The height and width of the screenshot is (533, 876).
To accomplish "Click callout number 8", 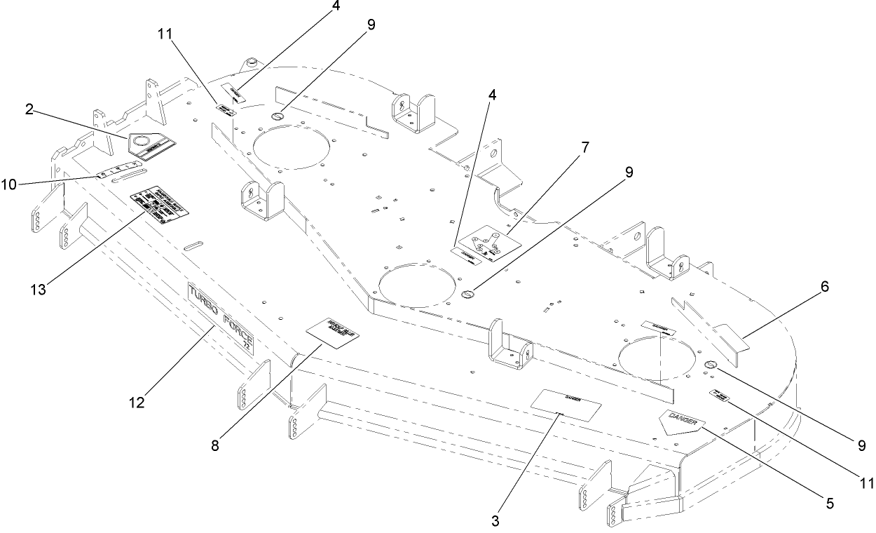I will pyautogui.click(x=214, y=445).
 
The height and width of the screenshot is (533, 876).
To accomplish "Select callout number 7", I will pyautogui.click(x=584, y=147).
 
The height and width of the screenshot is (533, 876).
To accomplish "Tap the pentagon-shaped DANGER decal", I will pyautogui.click(x=680, y=422).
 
